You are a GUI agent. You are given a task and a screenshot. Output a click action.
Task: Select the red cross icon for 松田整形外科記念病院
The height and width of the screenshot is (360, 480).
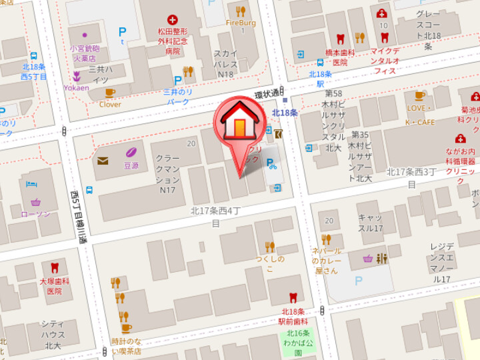pos(173,19)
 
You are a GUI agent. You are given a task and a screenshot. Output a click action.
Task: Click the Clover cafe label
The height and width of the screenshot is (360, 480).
pos(110,104)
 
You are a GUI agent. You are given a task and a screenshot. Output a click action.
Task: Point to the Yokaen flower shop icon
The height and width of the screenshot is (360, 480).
pos(77,76)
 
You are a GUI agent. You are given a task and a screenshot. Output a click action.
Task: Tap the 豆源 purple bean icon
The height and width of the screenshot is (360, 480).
pos(131,151)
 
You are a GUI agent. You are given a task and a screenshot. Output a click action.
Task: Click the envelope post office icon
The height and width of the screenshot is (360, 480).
pos(103,161)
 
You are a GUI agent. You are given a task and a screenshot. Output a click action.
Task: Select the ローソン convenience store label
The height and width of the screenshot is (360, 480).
pos(35,213)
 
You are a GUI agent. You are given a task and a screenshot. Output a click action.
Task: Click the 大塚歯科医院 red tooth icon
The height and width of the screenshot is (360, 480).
pos(55,268)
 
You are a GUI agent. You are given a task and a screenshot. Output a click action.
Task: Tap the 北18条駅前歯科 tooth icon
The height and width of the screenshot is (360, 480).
pos(292,297)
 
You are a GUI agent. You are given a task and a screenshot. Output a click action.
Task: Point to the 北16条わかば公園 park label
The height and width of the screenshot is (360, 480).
pos(298,342)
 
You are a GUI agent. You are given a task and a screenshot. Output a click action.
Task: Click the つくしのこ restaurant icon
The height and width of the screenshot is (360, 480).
pos(269,247)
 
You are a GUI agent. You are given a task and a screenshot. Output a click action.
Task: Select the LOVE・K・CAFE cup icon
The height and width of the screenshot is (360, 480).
pos(420,95)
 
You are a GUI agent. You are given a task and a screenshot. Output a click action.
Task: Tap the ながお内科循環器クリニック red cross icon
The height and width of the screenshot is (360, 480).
pos(461,139)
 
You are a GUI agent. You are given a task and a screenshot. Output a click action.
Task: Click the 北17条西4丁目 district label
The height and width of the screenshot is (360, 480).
pos(215,217)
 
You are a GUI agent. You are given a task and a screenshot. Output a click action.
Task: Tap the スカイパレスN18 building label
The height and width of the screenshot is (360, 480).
pos(225,63)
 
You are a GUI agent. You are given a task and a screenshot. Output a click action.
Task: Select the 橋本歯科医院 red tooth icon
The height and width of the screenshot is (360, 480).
pos(340,39)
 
